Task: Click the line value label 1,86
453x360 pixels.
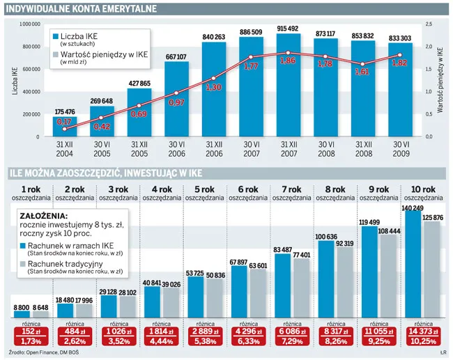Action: point(287,61)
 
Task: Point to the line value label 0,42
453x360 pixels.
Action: point(102,126)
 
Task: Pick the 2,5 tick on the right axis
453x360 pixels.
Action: point(429,24)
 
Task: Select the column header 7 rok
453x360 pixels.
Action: point(291,189)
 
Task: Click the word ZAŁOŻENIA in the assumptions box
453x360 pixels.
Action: point(45,216)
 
